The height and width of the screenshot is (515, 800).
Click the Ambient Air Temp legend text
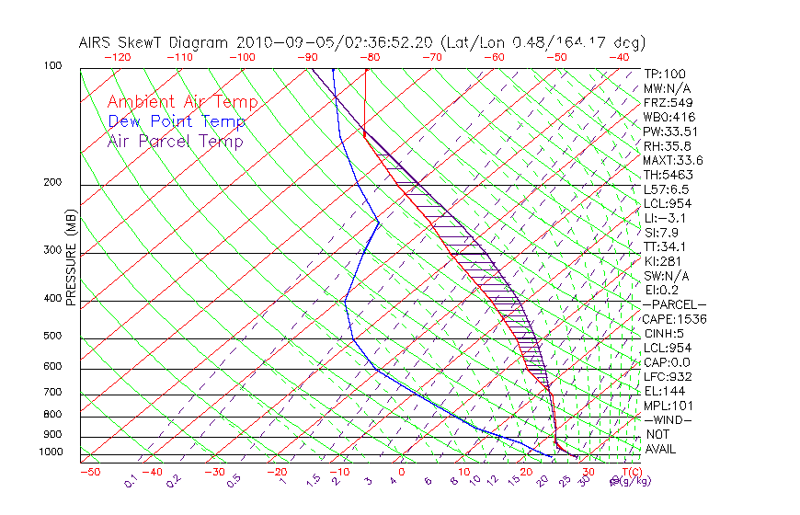[182, 102]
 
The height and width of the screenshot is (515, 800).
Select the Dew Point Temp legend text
[176, 121]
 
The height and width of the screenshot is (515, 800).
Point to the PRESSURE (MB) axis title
[70, 257]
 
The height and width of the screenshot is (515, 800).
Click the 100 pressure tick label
[52, 66]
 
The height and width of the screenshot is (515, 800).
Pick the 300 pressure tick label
[52, 250]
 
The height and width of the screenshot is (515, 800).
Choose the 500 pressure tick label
[52, 336]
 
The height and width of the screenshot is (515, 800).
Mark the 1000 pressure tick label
[50, 452]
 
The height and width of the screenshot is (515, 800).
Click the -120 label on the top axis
[117, 56]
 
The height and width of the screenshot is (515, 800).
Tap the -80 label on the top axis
[370, 56]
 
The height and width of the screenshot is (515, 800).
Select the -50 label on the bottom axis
[89, 472]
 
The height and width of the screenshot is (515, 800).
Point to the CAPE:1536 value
[674, 319]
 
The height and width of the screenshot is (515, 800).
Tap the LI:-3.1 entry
[665, 218]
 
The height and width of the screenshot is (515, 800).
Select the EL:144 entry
[662, 391]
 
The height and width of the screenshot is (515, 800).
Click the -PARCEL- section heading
[675, 304]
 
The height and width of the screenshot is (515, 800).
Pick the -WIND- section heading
[669, 419]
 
